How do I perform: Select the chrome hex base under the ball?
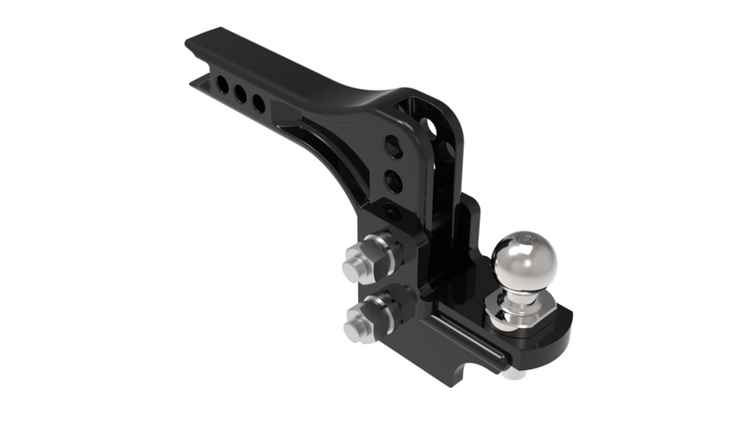point(517,314)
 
